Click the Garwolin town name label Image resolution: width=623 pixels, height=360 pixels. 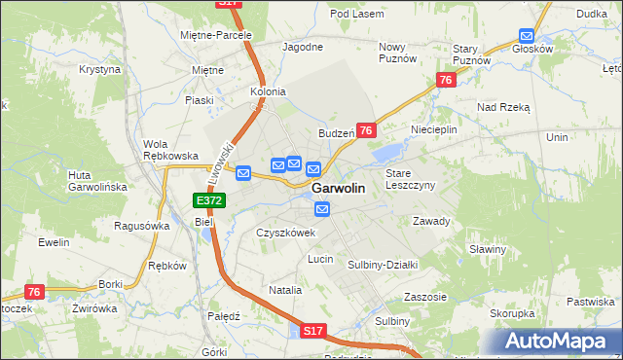338,189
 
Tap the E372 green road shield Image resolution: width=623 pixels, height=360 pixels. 209,200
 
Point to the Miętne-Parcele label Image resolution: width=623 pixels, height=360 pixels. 216,35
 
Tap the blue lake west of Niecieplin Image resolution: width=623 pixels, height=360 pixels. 388,151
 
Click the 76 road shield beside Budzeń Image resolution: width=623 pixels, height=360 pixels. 366,130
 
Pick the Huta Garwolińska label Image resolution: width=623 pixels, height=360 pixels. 93,181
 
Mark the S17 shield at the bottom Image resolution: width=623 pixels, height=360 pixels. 311,332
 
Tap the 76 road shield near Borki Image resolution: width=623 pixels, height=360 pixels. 35,292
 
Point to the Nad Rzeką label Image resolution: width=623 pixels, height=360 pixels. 502,107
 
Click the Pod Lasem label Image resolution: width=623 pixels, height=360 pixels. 353,14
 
